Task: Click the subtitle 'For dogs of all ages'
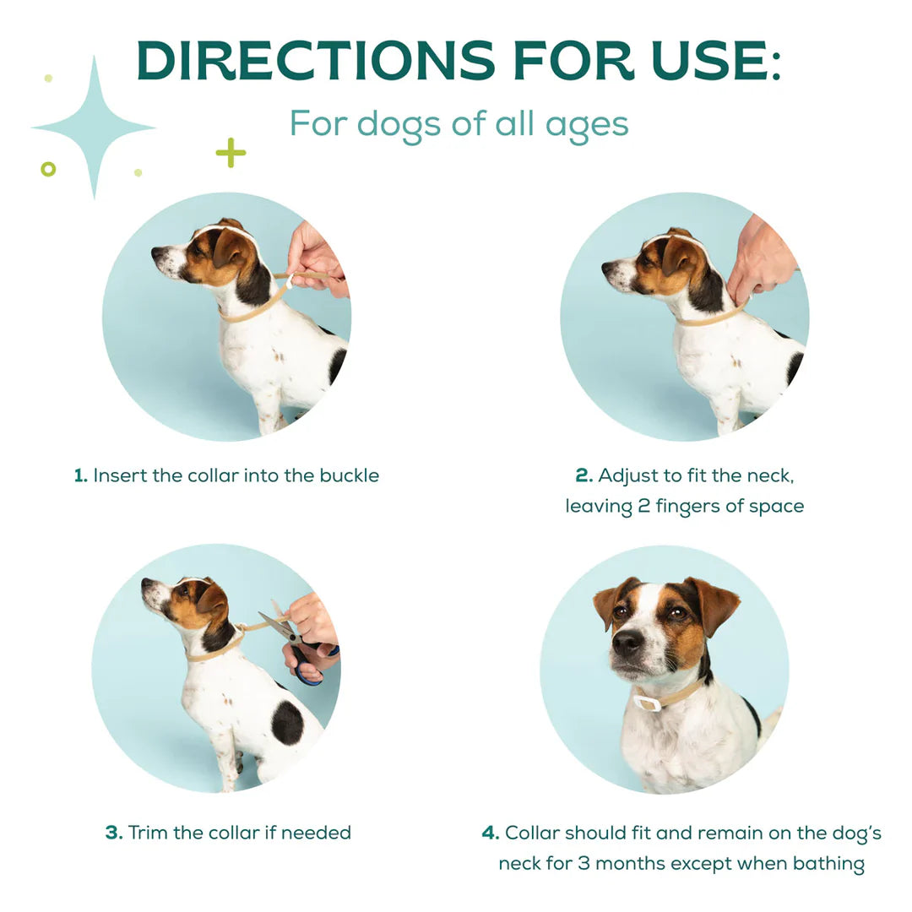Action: point(459,123)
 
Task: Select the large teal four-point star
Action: point(93,128)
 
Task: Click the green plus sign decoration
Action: point(231,153)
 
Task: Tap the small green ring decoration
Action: point(48,169)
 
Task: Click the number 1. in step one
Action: point(81,475)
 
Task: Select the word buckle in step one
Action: point(349,475)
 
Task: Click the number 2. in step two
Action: point(584,475)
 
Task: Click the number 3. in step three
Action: point(114,833)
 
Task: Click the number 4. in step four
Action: point(491,833)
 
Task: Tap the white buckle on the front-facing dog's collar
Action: point(647,703)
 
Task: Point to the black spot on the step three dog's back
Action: point(287,722)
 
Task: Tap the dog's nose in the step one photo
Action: point(157,252)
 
